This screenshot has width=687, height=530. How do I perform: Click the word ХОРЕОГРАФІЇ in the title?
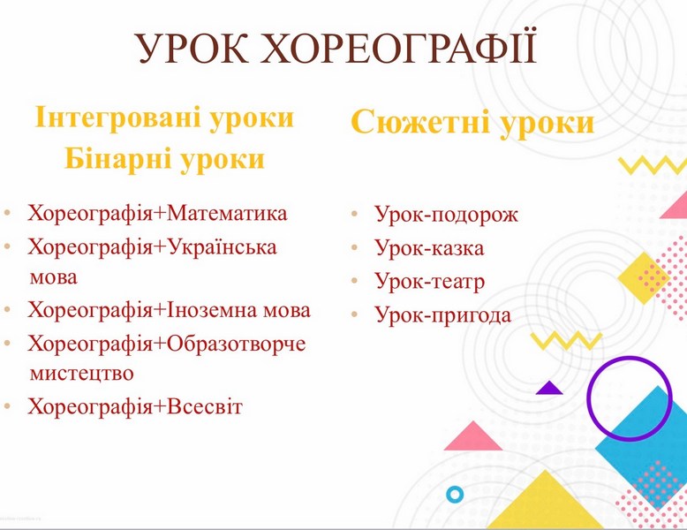(398, 48)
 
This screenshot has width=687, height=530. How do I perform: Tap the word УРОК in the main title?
(192, 49)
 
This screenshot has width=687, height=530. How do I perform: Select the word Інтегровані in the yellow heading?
(116, 118)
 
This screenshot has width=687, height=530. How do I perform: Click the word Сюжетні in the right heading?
(420, 122)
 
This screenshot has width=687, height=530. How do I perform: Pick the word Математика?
(227, 213)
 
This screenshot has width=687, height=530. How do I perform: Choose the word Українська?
(222, 246)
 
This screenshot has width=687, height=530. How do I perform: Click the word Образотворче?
(236, 344)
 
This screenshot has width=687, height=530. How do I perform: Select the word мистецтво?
(81, 374)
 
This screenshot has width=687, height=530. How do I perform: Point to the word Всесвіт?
(204, 406)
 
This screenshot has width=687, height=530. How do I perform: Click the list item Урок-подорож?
(446, 215)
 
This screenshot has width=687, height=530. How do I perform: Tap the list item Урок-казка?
(429, 247)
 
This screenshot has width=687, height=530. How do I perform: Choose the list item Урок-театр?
(429, 282)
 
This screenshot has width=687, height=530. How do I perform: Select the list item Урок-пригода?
(443, 315)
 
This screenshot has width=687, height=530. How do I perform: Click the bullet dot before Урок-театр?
(354, 281)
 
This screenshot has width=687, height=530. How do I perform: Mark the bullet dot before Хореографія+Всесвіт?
(6, 407)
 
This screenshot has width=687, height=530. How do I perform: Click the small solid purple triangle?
(549, 389)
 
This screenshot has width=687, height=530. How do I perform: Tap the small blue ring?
(455, 495)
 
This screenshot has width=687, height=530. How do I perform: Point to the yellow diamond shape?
(644, 278)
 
